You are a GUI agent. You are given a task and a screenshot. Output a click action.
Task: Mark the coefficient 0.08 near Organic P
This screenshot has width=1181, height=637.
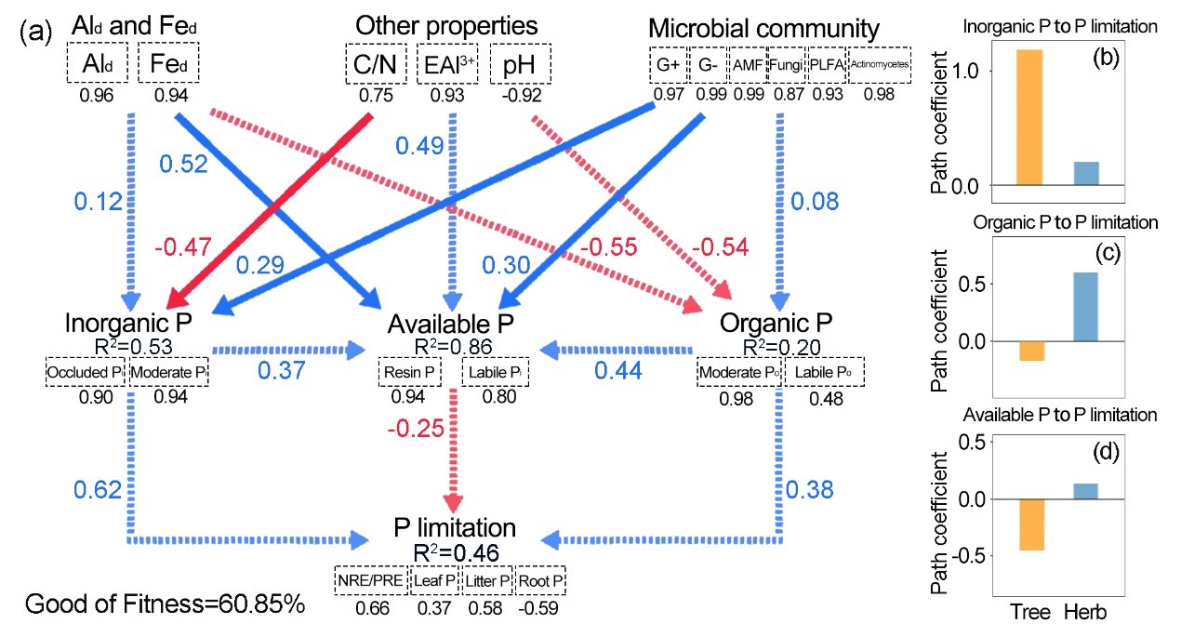tap(815, 200)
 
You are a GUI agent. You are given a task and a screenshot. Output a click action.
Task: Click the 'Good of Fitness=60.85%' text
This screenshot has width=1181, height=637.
tap(165, 604)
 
